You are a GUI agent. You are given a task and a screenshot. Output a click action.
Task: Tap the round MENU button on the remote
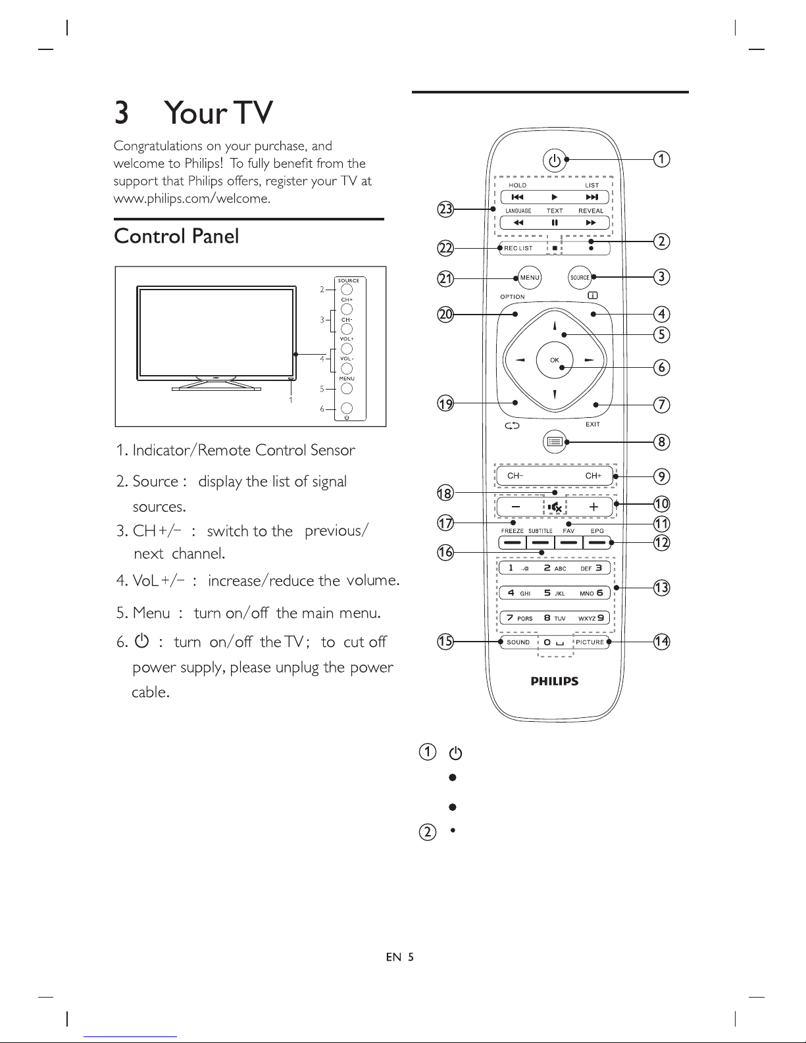pos(529,278)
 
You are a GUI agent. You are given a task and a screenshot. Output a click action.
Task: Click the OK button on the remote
pos(555,360)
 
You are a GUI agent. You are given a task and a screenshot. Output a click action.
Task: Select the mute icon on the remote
pos(555,507)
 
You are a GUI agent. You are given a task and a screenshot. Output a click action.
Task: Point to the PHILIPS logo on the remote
pos(555,681)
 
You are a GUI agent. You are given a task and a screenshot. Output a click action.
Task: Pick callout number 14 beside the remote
pos(661,641)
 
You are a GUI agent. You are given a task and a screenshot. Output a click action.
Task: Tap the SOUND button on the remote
pos(518,642)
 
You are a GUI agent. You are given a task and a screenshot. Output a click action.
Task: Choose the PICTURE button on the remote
pos(590,642)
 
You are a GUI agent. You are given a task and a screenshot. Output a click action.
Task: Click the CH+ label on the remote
pos(593,476)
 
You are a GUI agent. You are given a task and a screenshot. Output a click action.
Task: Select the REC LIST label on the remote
pos(518,248)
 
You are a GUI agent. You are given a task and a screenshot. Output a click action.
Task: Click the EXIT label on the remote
pos(593,424)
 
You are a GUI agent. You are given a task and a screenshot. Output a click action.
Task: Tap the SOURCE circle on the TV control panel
pos(347,289)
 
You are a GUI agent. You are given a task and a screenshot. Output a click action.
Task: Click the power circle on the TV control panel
pos(347,409)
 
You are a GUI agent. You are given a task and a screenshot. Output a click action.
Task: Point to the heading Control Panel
pos(176,236)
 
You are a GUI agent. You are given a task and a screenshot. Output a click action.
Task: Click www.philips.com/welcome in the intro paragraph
pos(191,198)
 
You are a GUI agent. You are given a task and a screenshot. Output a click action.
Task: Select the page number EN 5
pos(400,957)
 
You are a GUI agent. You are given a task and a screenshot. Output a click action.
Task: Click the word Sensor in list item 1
pos(333,451)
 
